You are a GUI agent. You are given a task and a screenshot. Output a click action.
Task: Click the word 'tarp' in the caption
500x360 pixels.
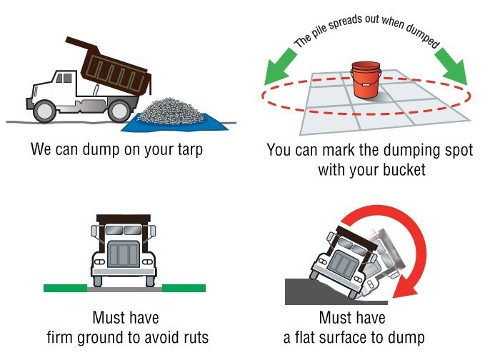coord(188,151)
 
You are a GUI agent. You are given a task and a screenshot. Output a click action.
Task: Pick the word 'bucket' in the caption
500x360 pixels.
coord(404,170)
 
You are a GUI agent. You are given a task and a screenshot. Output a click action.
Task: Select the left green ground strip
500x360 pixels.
coord(64,288)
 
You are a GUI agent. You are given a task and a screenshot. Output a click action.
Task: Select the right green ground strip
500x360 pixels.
coord(184,288)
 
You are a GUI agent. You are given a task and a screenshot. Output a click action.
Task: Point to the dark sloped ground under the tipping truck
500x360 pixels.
coord(300,291)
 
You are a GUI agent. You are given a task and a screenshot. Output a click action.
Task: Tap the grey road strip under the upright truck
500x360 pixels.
coord(124,291)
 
